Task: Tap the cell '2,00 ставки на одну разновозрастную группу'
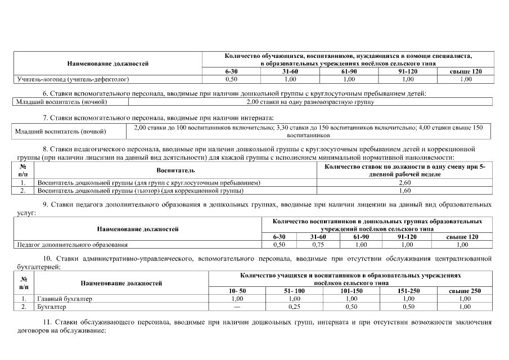[x=310, y=102]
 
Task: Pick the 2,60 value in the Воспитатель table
[x=404, y=183]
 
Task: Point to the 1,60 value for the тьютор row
[x=404, y=191]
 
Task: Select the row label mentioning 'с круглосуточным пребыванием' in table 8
[x=148, y=183]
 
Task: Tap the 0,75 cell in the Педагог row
[x=318, y=245]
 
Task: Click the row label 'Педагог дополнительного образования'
[x=72, y=245]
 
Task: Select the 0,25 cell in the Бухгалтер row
[x=293, y=307]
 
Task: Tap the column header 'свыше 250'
[x=465, y=290]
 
